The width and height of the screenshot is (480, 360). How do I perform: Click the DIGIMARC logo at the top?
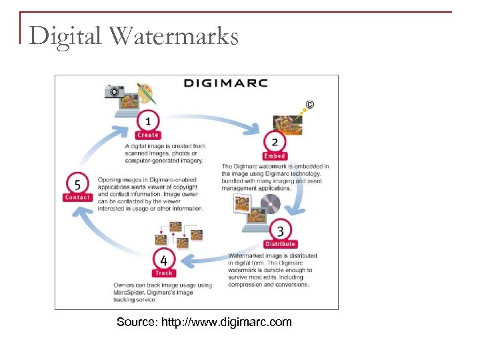225,83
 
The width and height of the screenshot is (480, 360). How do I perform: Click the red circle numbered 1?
147,122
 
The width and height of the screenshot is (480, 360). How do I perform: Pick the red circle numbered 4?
163,259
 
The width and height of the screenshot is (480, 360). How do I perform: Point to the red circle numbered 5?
77,184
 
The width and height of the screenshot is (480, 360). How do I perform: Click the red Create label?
148,135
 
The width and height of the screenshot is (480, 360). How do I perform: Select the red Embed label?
275,156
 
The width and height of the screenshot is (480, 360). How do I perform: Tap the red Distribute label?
281,244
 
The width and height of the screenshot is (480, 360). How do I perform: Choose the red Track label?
163,273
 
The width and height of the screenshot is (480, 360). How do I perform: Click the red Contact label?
77,197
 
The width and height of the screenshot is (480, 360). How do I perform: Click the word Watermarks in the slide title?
174,35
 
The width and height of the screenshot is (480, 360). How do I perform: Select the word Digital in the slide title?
65,35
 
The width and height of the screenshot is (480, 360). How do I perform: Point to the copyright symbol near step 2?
309,105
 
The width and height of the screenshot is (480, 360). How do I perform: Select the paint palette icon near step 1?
145,92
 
